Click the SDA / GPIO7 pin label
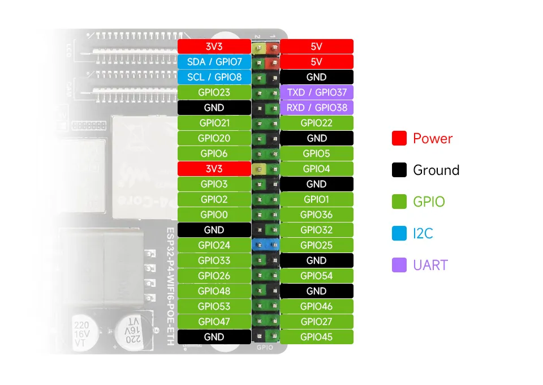coord(214,62)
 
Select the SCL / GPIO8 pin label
coord(214,77)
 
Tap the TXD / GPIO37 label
coord(317,92)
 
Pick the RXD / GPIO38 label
coord(317,108)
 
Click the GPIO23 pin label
coord(214,92)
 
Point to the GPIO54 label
coord(317,276)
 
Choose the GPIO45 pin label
coord(317,337)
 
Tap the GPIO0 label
coord(214,215)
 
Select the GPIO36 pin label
coord(317,215)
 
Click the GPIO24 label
coord(214,245)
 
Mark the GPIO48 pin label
coord(214,291)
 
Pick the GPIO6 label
coord(214,153)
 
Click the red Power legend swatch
coord(399,138)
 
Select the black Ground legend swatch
coord(399,170)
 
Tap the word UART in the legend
coord(430,265)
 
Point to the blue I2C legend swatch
coord(399,233)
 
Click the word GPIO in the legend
coord(429,202)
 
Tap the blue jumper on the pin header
coord(266,245)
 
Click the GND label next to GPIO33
coord(317,260)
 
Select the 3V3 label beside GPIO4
coord(214,169)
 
